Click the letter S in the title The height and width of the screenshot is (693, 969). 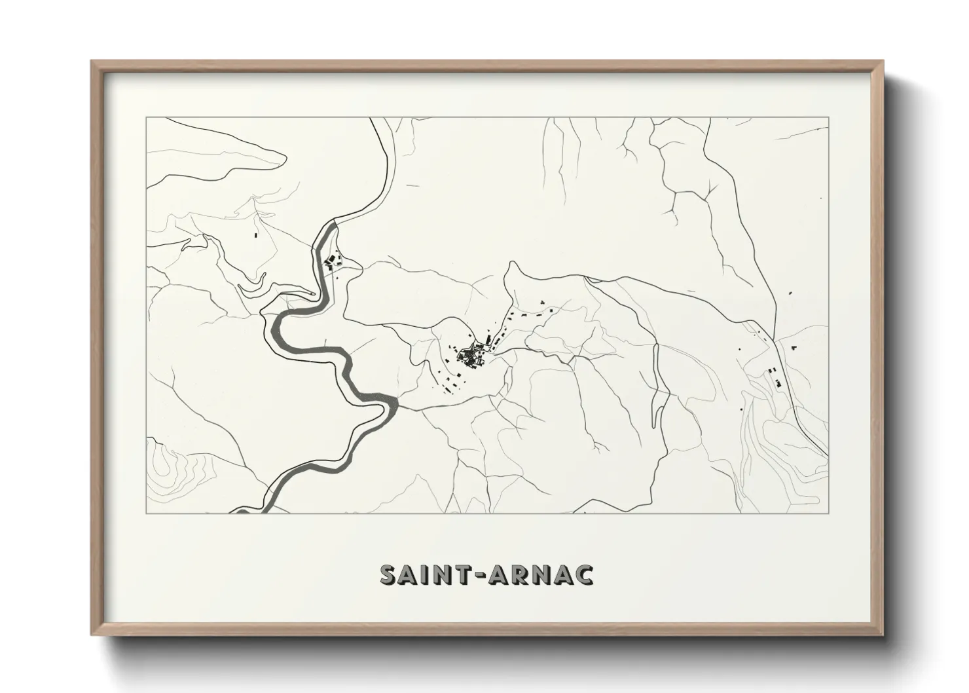coord(390,574)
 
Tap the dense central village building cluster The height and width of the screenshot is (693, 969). coord(470,356)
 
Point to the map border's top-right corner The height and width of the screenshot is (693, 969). coord(829,118)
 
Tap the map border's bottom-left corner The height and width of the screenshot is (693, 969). coord(147,513)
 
